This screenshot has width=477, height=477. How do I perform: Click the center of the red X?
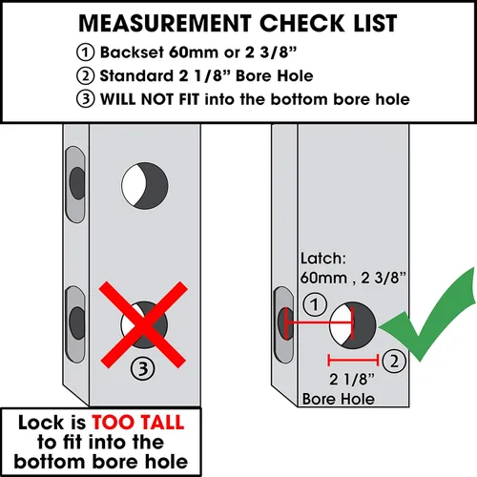pos(143,324)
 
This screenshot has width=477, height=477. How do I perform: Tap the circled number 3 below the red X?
pos(143,369)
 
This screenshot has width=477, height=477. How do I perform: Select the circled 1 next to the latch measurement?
pos(315,304)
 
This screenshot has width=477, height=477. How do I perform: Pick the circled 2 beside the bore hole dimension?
pos(394,362)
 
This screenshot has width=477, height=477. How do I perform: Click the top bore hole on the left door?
pos(145,186)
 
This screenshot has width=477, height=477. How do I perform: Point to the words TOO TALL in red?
pos(138,423)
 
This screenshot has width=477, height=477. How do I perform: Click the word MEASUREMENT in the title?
pos(165,23)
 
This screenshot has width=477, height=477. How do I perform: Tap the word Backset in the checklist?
pos(132,52)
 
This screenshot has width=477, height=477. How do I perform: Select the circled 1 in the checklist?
pos(85,52)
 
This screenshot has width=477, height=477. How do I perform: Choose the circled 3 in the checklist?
pos(85,99)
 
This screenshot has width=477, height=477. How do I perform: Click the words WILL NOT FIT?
pos(150,99)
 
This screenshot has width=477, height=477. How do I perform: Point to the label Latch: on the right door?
pos(323,259)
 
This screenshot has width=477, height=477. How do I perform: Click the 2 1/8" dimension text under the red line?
pos(352,380)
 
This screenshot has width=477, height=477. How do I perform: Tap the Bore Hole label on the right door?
pos(339,399)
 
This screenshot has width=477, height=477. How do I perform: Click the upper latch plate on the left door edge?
pos(75,184)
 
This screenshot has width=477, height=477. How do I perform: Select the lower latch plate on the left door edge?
pos(75,323)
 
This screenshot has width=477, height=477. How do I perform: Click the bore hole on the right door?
pos(353,325)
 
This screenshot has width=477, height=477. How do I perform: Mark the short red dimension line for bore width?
pos(353,361)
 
